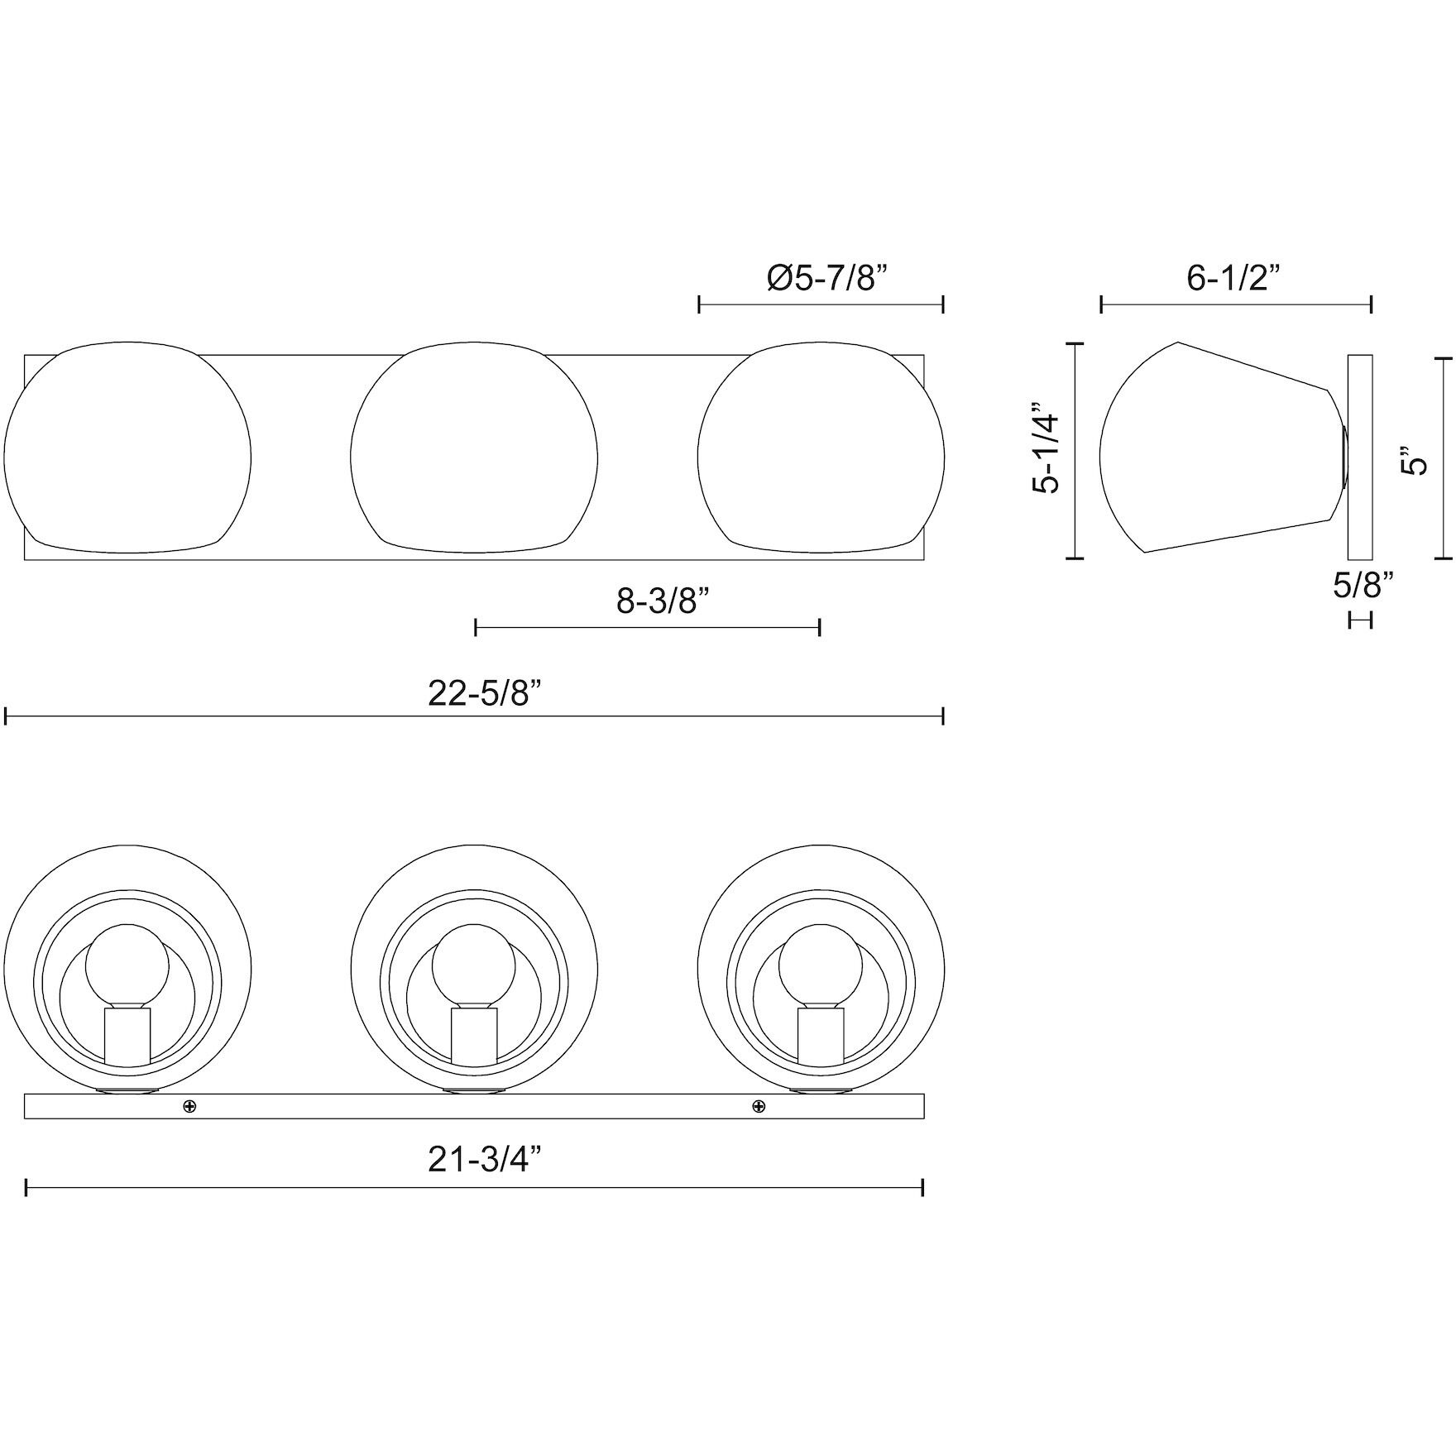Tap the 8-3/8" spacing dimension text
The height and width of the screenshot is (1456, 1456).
tap(663, 601)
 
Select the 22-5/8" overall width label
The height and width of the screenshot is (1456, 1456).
tap(489, 692)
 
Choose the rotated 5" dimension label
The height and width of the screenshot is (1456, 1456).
tap(1416, 461)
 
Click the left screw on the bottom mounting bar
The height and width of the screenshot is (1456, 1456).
tap(189, 1106)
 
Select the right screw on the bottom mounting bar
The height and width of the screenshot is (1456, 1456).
tap(759, 1106)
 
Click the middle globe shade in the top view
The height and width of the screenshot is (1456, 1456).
tap(474, 448)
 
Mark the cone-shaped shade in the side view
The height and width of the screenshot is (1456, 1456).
tap(1216, 448)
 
